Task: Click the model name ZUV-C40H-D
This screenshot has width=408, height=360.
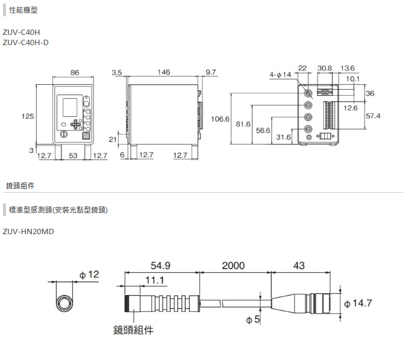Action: (x=25, y=42)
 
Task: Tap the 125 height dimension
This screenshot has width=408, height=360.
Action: (x=28, y=116)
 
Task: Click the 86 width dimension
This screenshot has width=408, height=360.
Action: (x=74, y=72)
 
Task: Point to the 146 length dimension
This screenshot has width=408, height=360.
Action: (x=163, y=72)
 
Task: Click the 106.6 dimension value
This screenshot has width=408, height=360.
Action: (x=221, y=119)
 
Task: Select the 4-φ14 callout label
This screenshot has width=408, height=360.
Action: (x=281, y=74)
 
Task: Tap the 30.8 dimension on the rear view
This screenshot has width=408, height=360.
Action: (x=324, y=68)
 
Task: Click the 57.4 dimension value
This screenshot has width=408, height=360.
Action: (x=374, y=115)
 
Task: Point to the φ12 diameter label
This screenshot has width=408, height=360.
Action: (x=88, y=275)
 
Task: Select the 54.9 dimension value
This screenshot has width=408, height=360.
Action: (x=160, y=265)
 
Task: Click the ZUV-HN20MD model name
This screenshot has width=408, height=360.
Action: (x=28, y=231)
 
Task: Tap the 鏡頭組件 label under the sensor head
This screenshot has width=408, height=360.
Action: (x=133, y=329)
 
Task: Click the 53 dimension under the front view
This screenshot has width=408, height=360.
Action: (x=74, y=155)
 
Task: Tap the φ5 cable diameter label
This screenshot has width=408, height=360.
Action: (x=253, y=320)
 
